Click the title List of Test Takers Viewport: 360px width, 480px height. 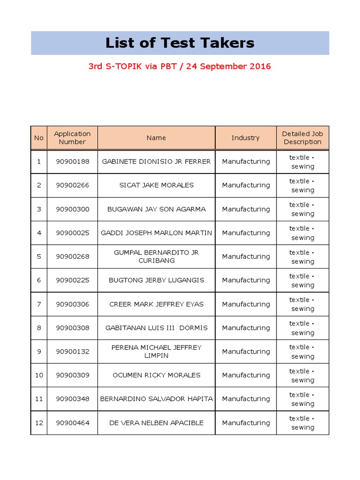[x=180, y=43]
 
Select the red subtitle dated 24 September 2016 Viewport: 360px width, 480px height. [x=180, y=66]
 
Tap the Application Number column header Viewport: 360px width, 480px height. [x=72, y=138]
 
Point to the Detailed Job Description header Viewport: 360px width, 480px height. [x=302, y=138]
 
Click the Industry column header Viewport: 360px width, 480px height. [x=245, y=138]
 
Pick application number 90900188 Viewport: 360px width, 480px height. [x=72, y=162]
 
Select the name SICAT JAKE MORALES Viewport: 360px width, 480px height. [x=156, y=185]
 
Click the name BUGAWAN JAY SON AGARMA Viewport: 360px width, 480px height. [x=156, y=209]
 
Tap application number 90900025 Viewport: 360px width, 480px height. [x=72, y=233]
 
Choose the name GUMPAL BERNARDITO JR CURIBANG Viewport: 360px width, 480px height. [x=156, y=256]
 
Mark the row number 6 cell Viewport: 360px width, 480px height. [x=39, y=280]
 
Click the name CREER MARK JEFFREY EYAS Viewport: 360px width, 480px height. [x=156, y=304]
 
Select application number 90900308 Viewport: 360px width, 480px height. [x=72, y=328]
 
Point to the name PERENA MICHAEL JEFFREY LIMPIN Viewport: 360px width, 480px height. [x=156, y=352]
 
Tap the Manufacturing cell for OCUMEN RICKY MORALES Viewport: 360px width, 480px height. [x=246, y=375]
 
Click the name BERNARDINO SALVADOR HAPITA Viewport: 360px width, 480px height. [x=156, y=399]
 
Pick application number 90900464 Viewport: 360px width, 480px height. [x=72, y=423]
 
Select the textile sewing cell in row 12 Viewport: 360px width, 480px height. [x=302, y=423]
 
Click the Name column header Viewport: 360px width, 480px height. [x=156, y=138]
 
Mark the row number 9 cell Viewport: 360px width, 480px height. [x=39, y=352]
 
